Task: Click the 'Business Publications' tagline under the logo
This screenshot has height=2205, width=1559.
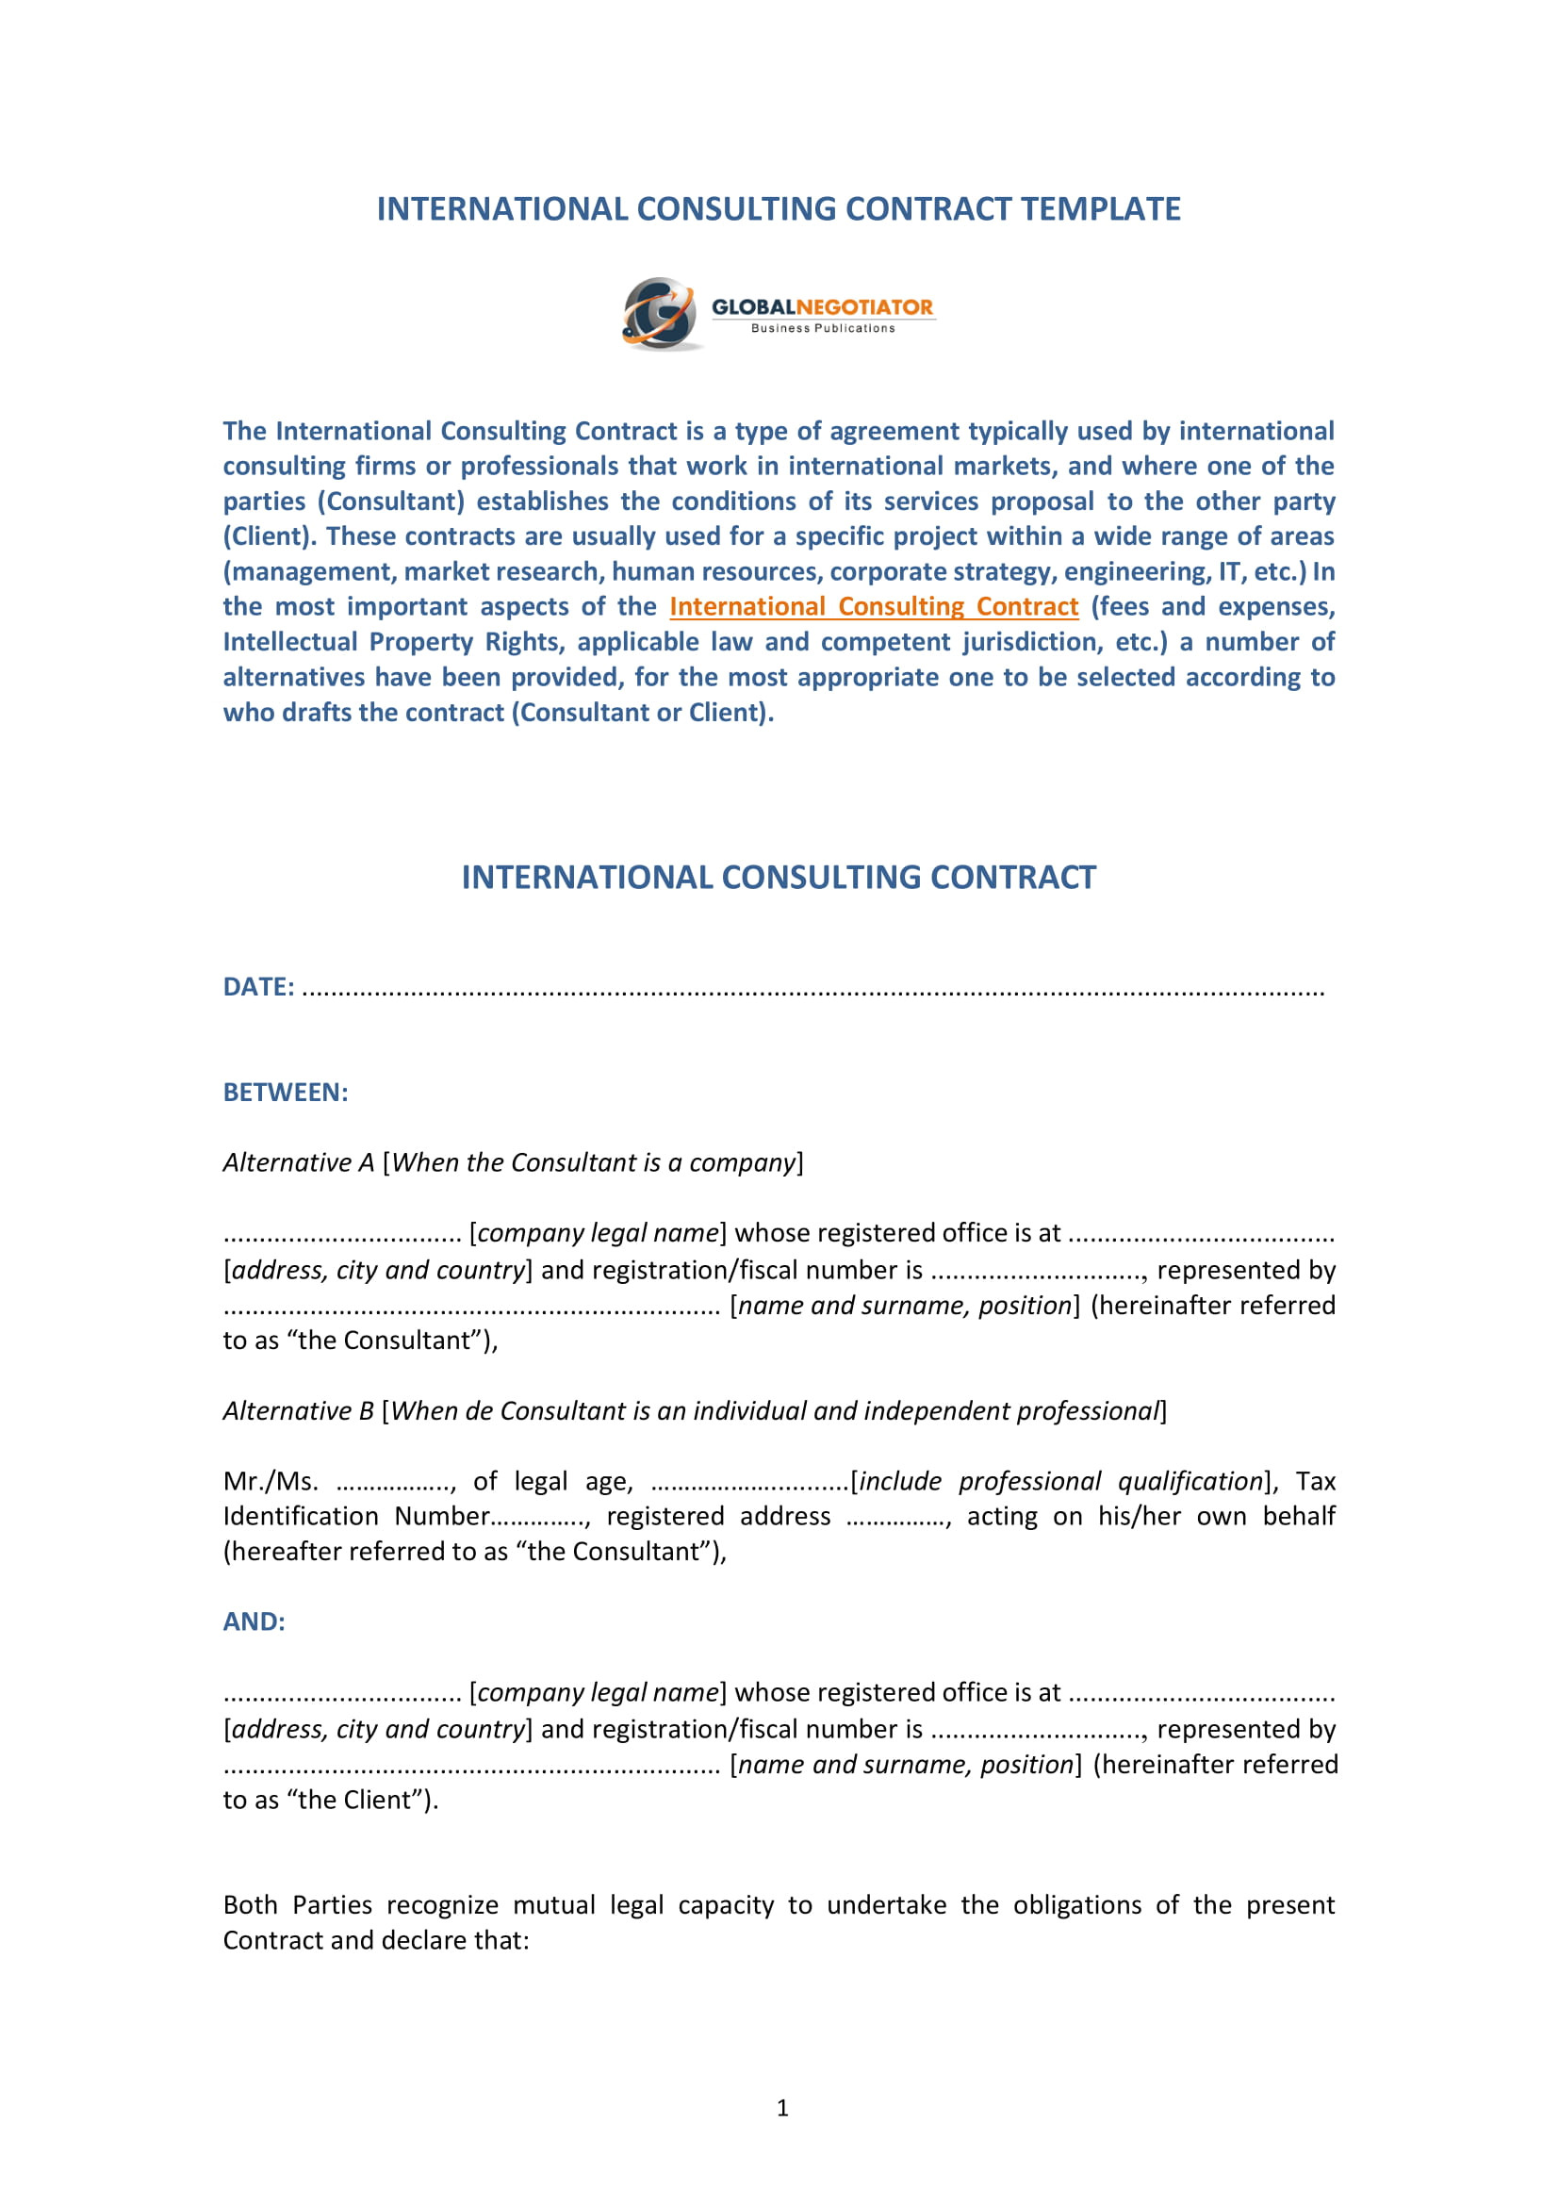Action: click(823, 328)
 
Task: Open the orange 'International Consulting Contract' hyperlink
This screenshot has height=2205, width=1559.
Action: click(874, 607)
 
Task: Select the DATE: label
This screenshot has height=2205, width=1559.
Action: click(258, 987)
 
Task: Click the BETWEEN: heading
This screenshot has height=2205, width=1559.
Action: click(285, 1092)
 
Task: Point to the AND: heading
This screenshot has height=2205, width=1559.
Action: click(254, 1622)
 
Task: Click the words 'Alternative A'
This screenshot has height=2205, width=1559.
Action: click(299, 1163)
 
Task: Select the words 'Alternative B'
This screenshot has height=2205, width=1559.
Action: click(299, 1411)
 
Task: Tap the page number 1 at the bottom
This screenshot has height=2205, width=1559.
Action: click(782, 2108)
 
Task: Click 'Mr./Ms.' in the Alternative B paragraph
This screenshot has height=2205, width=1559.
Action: click(271, 1482)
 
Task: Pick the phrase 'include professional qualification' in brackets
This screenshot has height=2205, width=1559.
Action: click(1060, 1482)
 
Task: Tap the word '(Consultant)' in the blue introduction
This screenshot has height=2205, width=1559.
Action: click(391, 502)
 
